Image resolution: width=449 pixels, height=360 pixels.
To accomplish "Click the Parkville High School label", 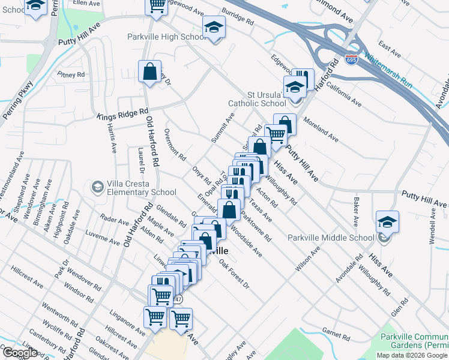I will tap(166, 37).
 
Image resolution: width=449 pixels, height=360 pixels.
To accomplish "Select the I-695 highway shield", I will tap(352, 60).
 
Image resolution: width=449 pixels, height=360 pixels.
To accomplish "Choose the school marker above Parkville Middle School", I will tap(387, 222).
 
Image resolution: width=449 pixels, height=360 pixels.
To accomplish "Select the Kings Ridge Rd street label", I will tap(123, 113).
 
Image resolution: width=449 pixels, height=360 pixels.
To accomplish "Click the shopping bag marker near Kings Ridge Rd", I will tap(149, 72).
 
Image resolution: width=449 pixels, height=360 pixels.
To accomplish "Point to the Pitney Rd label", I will tap(72, 75).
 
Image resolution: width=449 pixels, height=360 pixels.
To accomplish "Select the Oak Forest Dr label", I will tap(234, 273).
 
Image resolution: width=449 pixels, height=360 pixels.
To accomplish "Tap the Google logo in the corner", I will tap(20, 353).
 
